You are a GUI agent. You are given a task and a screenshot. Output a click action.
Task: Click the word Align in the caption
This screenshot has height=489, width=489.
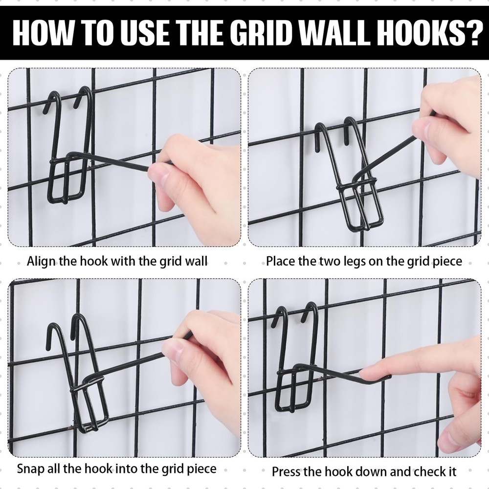click(x=41, y=261)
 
